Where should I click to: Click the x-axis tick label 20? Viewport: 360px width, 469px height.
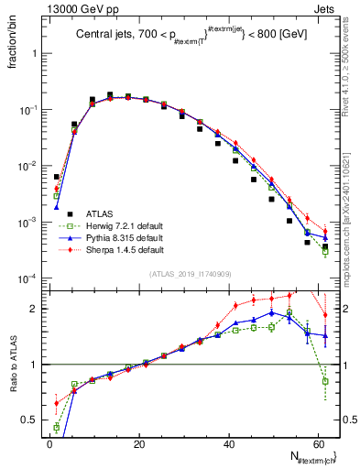pyautogui.click(x=138, y=443)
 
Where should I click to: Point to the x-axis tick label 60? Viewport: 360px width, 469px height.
pyautogui.click(x=318, y=443)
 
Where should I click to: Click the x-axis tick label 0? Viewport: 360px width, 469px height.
pyautogui.click(x=49, y=443)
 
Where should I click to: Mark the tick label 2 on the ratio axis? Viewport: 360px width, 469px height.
pyautogui.click(x=35, y=309)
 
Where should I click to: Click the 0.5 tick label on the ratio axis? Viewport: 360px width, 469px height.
pyautogui.click(x=30, y=420)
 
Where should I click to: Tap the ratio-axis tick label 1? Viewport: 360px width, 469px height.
pyautogui.click(x=35, y=365)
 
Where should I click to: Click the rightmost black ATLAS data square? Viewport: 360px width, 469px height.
pyautogui.click(x=325, y=246)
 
